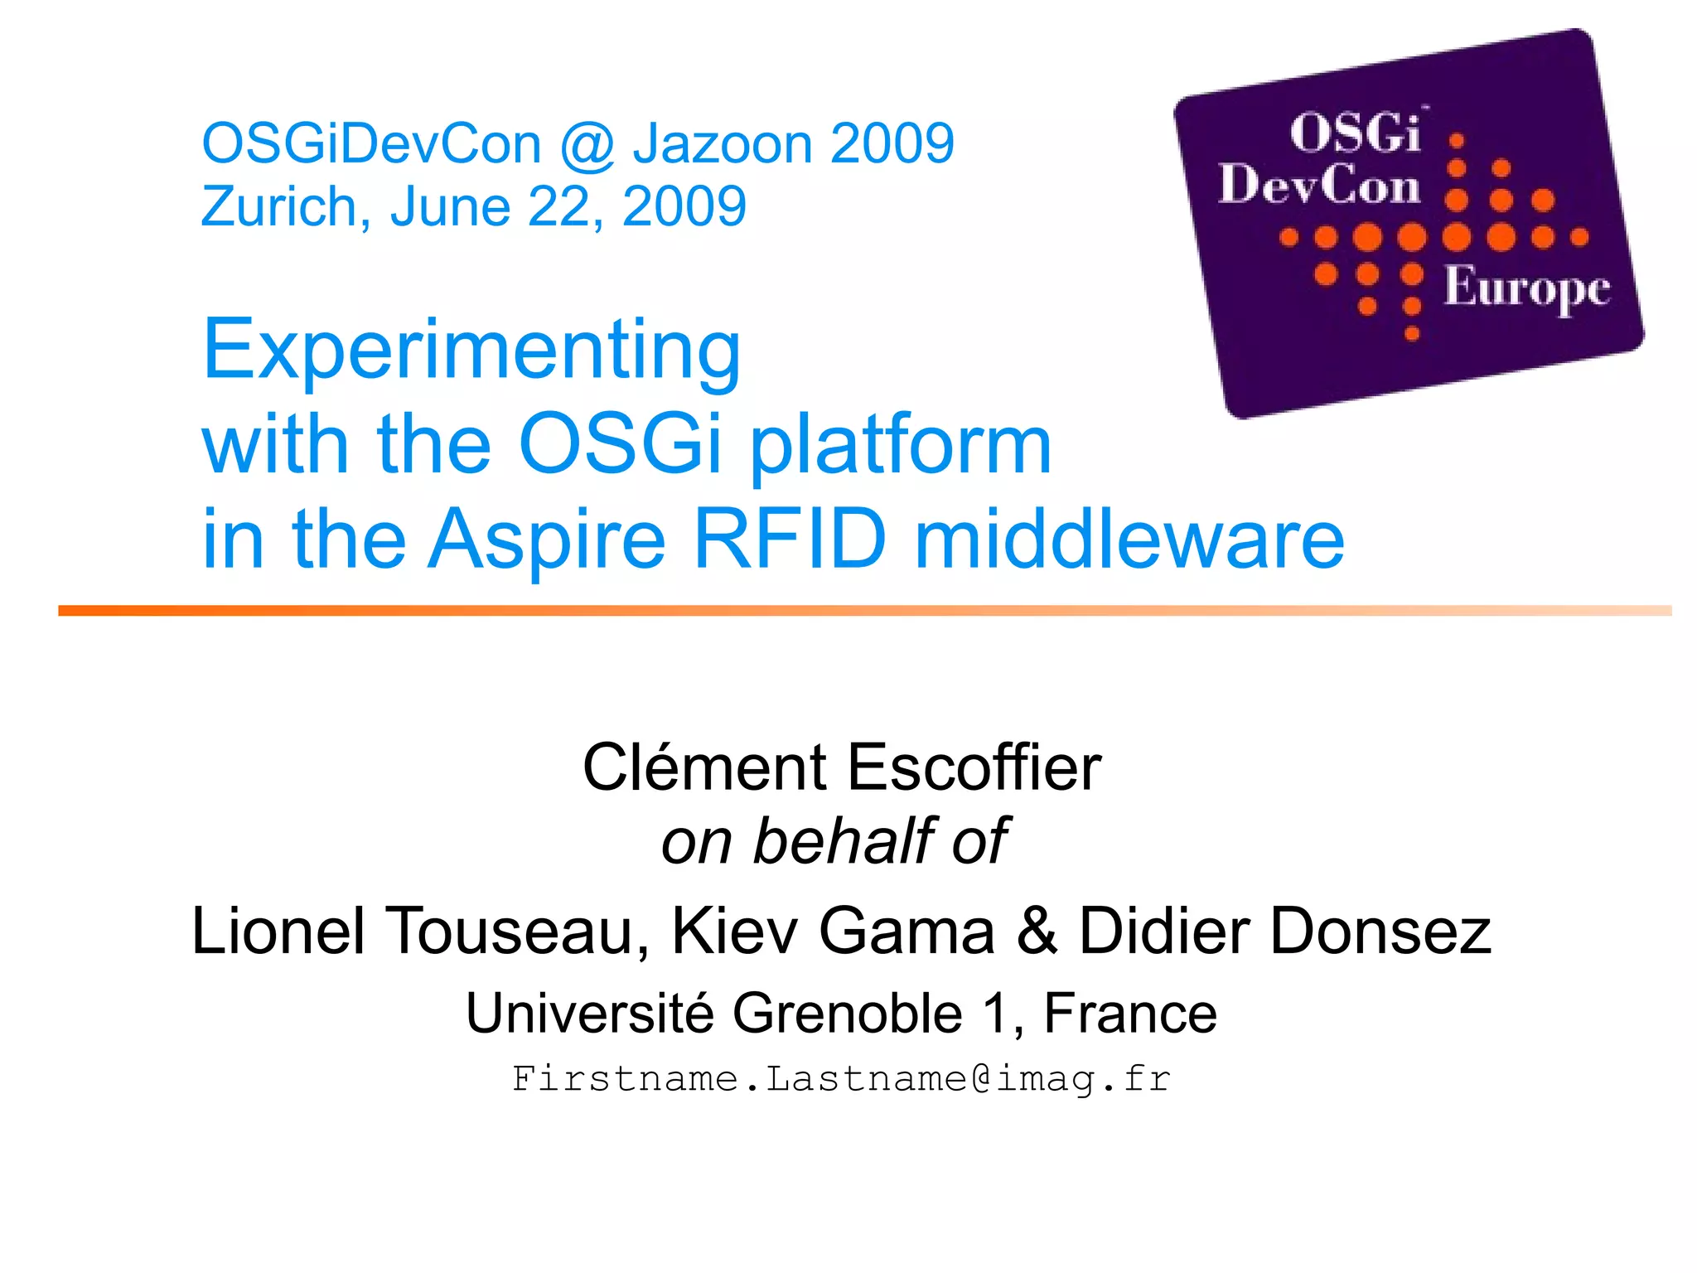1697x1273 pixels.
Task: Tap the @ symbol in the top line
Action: tap(587, 145)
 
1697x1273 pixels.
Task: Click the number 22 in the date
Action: tap(563, 206)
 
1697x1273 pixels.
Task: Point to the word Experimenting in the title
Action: tap(471, 351)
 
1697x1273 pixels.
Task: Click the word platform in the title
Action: tap(901, 446)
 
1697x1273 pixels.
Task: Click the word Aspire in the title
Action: tap(547, 540)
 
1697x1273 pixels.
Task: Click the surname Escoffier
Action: tap(974, 767)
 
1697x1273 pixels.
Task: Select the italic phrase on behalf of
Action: tap(834, 841)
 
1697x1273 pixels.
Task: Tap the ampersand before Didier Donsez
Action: tap(1037, 931)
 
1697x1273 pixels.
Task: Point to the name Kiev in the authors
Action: tap(732, 931)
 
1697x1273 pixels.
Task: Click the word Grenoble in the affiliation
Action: tap(847, 1013)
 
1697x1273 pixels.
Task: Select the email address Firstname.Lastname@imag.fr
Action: tap(841, 1079)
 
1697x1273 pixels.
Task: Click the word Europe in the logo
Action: tap(1527, 288)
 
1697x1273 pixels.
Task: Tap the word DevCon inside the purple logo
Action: tap(1319, 184)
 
